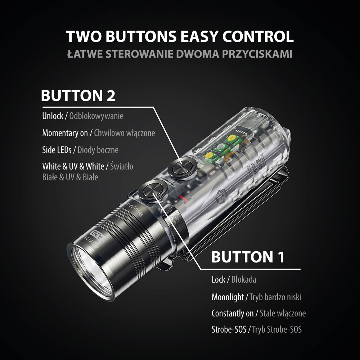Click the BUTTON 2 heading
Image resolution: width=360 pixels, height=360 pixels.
coord(78,95)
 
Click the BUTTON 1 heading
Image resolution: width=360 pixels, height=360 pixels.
coord(248,257)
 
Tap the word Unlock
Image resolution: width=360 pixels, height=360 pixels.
coord(53,116)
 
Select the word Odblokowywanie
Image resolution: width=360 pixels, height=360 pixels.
coord(96,116)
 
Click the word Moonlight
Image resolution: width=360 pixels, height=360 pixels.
coord(228,297)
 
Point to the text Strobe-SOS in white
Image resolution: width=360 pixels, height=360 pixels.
coord(229,329)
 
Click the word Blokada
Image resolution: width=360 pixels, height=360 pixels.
coord(244,279)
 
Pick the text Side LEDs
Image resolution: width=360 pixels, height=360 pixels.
coord(57,150)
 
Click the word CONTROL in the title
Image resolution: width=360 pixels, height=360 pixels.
coord(258,36)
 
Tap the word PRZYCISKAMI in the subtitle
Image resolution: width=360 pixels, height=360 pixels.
coord(257,54)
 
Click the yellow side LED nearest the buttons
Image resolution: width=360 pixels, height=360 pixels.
coord(210,156)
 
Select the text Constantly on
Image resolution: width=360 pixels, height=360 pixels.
coord(233,314)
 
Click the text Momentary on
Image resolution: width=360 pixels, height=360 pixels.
coord(65,133)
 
